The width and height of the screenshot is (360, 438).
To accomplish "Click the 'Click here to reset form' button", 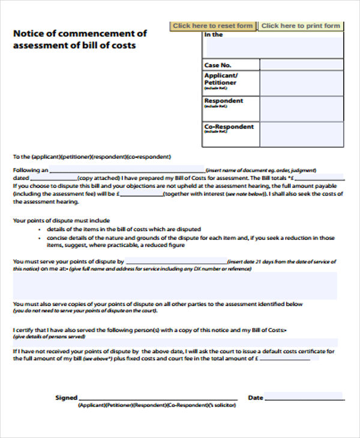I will pyautogui.click(x=212, y=26).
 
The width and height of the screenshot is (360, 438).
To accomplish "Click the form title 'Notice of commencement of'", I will pyautogui.click(x=79, y=33).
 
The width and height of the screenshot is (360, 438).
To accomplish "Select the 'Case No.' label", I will pyautogui.click(x=217, y=65).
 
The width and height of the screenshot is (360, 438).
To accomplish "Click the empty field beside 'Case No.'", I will pyautogui.click(x=302, y=65).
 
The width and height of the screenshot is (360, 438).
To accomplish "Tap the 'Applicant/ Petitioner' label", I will pyautogui.click(x=221, y=79).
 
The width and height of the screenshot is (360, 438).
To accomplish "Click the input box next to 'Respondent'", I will pyautogui.click(x=302, y=109).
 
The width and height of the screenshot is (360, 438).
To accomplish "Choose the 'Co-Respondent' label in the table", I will pyautogui.click(x=229, y=127).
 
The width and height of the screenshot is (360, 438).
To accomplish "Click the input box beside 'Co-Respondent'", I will pyautogui.click(x=302, y=134).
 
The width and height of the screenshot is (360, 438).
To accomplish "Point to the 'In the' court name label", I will pyautogui.click(x=214, y=35).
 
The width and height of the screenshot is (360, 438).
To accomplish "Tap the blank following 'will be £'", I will pyautogui.click(x=140, y=194).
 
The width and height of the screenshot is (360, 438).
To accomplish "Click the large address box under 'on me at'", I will pyautogui.click(x=175, y=286).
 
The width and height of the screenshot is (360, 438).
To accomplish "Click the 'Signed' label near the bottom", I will pyautogui.click(x=67, y=397).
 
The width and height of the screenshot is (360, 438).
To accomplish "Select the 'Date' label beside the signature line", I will pyautogui.click(x=256, y=397).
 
